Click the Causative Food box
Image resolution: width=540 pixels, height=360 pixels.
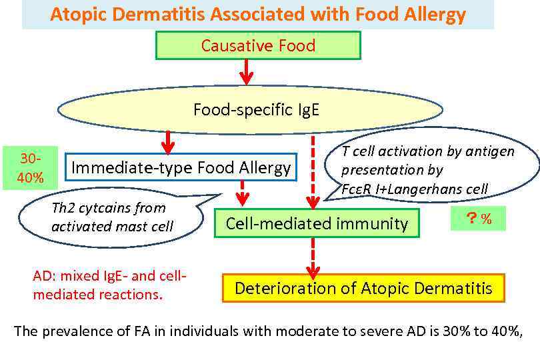point(258,46)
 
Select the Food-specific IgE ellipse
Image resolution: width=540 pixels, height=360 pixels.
point(256,109)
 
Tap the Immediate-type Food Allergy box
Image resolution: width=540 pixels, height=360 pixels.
point(181,167)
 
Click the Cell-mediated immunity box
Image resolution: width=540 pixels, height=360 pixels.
point(317,223)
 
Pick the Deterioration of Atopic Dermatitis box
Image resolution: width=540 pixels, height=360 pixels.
point(363,288)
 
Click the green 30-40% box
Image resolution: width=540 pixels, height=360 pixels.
point(30,168)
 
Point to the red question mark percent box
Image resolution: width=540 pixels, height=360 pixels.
point(478,219)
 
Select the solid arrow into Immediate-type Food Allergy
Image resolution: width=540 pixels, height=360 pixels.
point(168,141)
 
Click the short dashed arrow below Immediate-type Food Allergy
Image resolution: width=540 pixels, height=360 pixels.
point(243,194)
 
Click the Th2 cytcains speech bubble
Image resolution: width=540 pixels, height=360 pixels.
point(110,217)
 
